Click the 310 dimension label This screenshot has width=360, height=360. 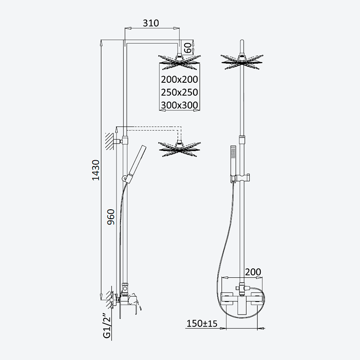(x=151, y=23)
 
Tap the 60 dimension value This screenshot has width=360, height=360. (x=188, y=48)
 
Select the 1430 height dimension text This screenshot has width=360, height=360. (x=96, y=170)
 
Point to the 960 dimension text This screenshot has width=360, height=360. (x=111, y=217)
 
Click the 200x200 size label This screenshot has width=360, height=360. (x=179, y=80)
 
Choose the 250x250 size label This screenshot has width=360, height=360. (x=179, y=92)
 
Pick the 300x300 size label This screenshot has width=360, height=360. (x=179, y=105)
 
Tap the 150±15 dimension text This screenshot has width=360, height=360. (x=202, y=324)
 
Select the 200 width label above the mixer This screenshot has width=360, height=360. (x=253, y=272)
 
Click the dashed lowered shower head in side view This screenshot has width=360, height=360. (x=179, y=149)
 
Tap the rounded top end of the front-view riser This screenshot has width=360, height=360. (x=242, y=41)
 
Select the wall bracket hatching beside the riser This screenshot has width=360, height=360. (x=109, y=141)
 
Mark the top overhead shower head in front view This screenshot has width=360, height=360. (x=242, y=62)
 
